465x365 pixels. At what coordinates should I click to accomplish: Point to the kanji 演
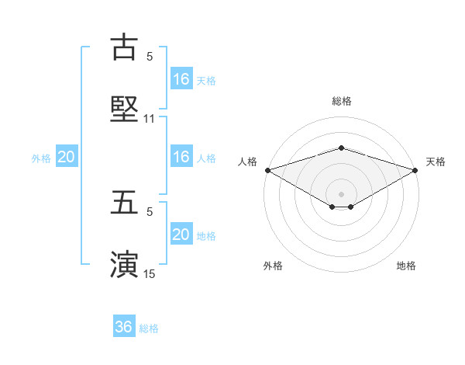pos(124,263)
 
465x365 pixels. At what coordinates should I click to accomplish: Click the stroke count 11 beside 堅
pos(150,119)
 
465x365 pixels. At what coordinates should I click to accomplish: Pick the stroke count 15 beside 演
pos(150,274)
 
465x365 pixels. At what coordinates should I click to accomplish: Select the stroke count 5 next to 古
pos(150,57)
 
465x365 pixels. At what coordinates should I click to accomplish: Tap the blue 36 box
pos(124,327)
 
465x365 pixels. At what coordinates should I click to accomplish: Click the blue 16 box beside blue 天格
pos(181,79)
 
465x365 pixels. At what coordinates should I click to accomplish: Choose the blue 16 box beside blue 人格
pos(181,157)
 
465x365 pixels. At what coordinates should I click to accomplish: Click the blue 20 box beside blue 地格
pos(181,235)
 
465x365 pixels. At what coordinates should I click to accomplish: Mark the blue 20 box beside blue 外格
pos(67,158)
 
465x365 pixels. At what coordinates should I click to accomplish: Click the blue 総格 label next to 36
pos(149,328)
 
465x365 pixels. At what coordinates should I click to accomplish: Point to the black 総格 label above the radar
pos(342,101)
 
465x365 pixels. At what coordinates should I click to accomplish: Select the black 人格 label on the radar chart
pos(247,162)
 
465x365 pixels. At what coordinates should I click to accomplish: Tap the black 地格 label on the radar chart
pos(406,266)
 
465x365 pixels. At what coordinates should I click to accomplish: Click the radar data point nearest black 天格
pos(416,170)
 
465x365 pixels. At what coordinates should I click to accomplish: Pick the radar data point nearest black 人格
pos(267,170)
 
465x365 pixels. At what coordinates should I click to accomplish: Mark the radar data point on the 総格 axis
pos(342,148)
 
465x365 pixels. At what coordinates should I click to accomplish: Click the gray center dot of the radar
pos(342,193)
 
